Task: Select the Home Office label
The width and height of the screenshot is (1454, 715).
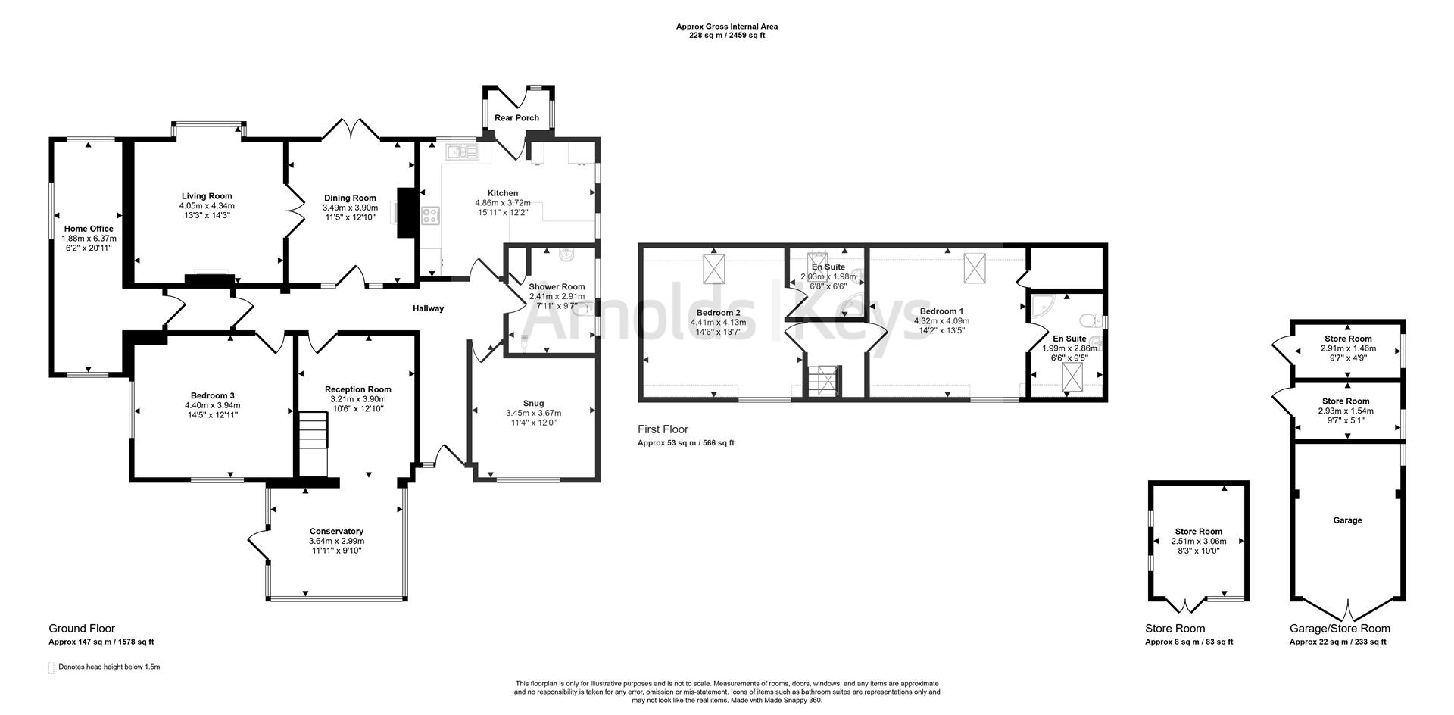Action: [89, 229]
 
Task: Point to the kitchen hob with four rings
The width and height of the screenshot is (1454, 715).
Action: [431, 215]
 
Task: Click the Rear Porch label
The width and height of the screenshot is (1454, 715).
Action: [516, 118]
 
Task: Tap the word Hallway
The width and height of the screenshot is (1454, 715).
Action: [428, 308]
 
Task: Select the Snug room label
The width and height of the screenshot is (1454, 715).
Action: [533, 403]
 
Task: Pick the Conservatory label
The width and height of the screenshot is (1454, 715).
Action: [336, 532]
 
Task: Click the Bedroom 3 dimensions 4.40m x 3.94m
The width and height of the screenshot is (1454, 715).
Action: [212, 405]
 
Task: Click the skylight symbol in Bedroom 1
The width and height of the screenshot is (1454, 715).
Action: [975, 268]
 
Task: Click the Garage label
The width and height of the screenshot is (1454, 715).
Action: [1347, 520]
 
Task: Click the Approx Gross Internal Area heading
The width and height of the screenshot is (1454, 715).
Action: [726, 27]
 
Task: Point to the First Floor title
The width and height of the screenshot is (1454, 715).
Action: [663, 429]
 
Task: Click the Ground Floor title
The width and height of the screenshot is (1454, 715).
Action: [82, 629]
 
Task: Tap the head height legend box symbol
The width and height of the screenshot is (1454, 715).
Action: [51, 667]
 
